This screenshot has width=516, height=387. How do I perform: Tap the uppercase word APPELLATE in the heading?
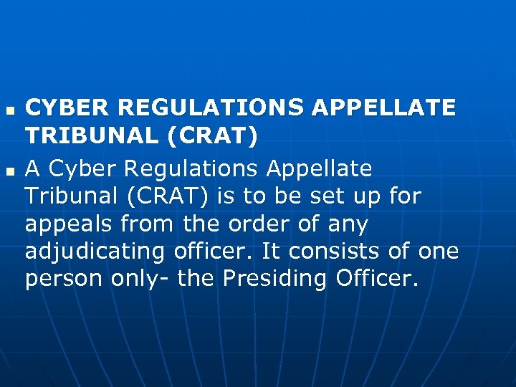coord(384,107)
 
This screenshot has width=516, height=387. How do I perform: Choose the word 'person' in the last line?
coord(63,279)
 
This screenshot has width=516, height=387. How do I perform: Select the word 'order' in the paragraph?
coord(244,225)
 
